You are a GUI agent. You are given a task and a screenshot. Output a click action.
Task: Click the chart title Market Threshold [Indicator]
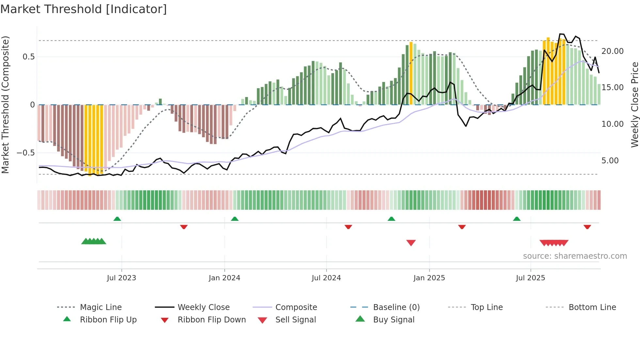coord(84,9)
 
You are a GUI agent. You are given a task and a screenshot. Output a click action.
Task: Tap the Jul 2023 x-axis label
coord(121,278)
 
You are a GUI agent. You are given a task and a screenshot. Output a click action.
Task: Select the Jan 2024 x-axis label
coord(224,278)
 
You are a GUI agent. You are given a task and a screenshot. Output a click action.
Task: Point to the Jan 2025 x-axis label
coord(429,278)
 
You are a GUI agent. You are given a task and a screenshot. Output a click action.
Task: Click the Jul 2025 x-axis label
coord(530,278)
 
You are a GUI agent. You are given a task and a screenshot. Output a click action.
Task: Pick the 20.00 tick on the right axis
coord(612,51)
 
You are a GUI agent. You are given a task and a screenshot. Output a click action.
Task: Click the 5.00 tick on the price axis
coord(610,161)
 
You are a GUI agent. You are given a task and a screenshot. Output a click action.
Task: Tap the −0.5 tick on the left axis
coord(25,153)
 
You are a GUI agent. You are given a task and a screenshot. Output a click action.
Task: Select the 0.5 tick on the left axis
coord(28,57)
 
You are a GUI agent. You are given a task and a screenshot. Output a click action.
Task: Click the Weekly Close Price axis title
coord(634,105)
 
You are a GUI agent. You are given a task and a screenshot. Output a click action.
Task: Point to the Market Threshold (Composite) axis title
coord(5,105)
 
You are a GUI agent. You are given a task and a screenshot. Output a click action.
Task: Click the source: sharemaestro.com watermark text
coord(575,256)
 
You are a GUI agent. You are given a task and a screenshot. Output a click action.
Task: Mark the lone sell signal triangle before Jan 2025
coord(411,243)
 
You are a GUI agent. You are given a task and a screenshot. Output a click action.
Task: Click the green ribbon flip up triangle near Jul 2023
coord(117,219)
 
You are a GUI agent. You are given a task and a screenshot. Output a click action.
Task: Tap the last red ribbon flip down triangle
coord(587,227)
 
